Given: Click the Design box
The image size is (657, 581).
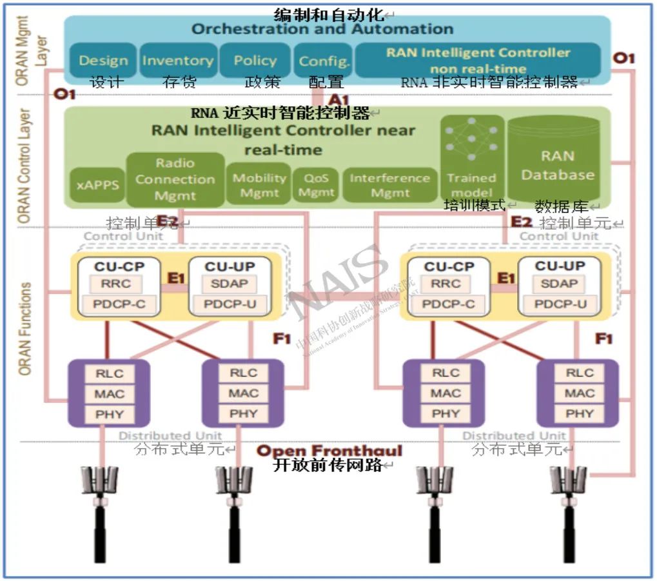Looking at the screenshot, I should point(103,61).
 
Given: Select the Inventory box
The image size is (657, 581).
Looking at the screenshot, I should point(177,61).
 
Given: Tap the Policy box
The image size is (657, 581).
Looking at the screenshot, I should point(255,61).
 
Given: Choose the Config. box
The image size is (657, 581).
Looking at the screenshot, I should point(324,61).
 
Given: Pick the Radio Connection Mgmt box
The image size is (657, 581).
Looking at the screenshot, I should point(175,179).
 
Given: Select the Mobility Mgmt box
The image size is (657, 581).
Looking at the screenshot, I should point(259,184).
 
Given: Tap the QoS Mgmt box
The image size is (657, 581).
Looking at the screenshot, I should point(316,184).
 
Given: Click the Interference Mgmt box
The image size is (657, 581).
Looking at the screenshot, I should point(389,184).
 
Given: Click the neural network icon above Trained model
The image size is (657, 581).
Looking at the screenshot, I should point(472,143).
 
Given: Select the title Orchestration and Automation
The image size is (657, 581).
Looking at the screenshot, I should point(322,29).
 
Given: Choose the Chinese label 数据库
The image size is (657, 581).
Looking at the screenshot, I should point(563,206).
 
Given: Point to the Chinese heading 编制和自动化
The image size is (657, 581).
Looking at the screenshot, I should point(329,14).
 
